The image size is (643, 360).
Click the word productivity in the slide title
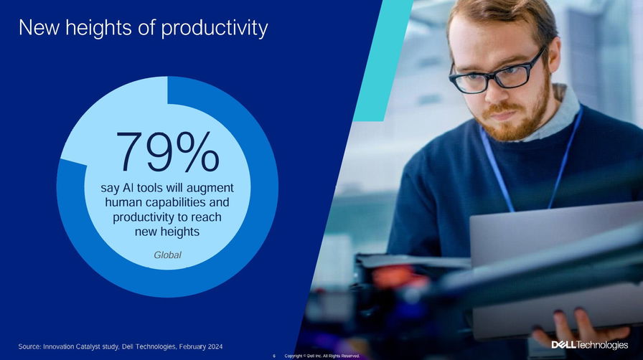(214, 28)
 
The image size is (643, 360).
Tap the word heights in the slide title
(98, 28)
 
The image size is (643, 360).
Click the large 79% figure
(168, 151)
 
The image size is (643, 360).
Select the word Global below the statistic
(167, 255)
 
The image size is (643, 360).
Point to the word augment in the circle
(210, 188)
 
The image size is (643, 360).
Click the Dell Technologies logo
(590, 345)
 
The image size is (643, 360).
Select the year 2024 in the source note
(215, 346)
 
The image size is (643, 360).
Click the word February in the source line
(192, 346)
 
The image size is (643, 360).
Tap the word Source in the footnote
(29, 346)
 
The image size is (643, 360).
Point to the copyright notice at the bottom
(322, 356)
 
